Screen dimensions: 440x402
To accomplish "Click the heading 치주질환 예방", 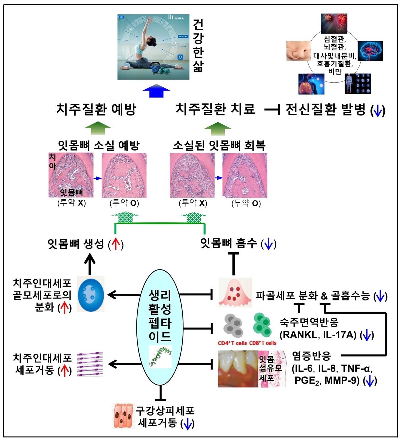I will click(96, 109).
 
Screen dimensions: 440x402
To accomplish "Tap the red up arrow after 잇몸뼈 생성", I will click(115, 245).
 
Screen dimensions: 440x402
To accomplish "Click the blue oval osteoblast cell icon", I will click(91, 295).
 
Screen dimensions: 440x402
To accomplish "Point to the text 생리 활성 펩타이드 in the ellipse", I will click(160, 315).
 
